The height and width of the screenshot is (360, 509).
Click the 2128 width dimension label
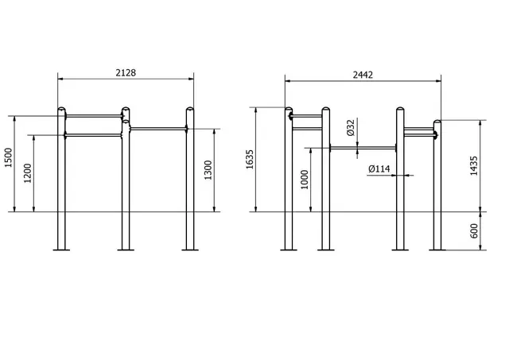tap(126, 72)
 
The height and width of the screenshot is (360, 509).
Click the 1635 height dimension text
tap(250, 159)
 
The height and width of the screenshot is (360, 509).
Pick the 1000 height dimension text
tap(305, 180)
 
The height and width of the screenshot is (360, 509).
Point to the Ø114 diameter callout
tap(379, 168)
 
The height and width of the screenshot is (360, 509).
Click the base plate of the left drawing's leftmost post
tap(61, 250)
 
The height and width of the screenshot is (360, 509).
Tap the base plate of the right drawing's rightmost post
tap(437, 250)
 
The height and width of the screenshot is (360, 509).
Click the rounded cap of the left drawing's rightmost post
tap(189, 109)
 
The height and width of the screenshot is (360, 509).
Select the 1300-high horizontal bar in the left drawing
tap(157, 128)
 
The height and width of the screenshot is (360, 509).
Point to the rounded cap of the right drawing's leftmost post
tap(289, 110)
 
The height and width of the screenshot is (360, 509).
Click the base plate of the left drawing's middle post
tap(125, 250)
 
